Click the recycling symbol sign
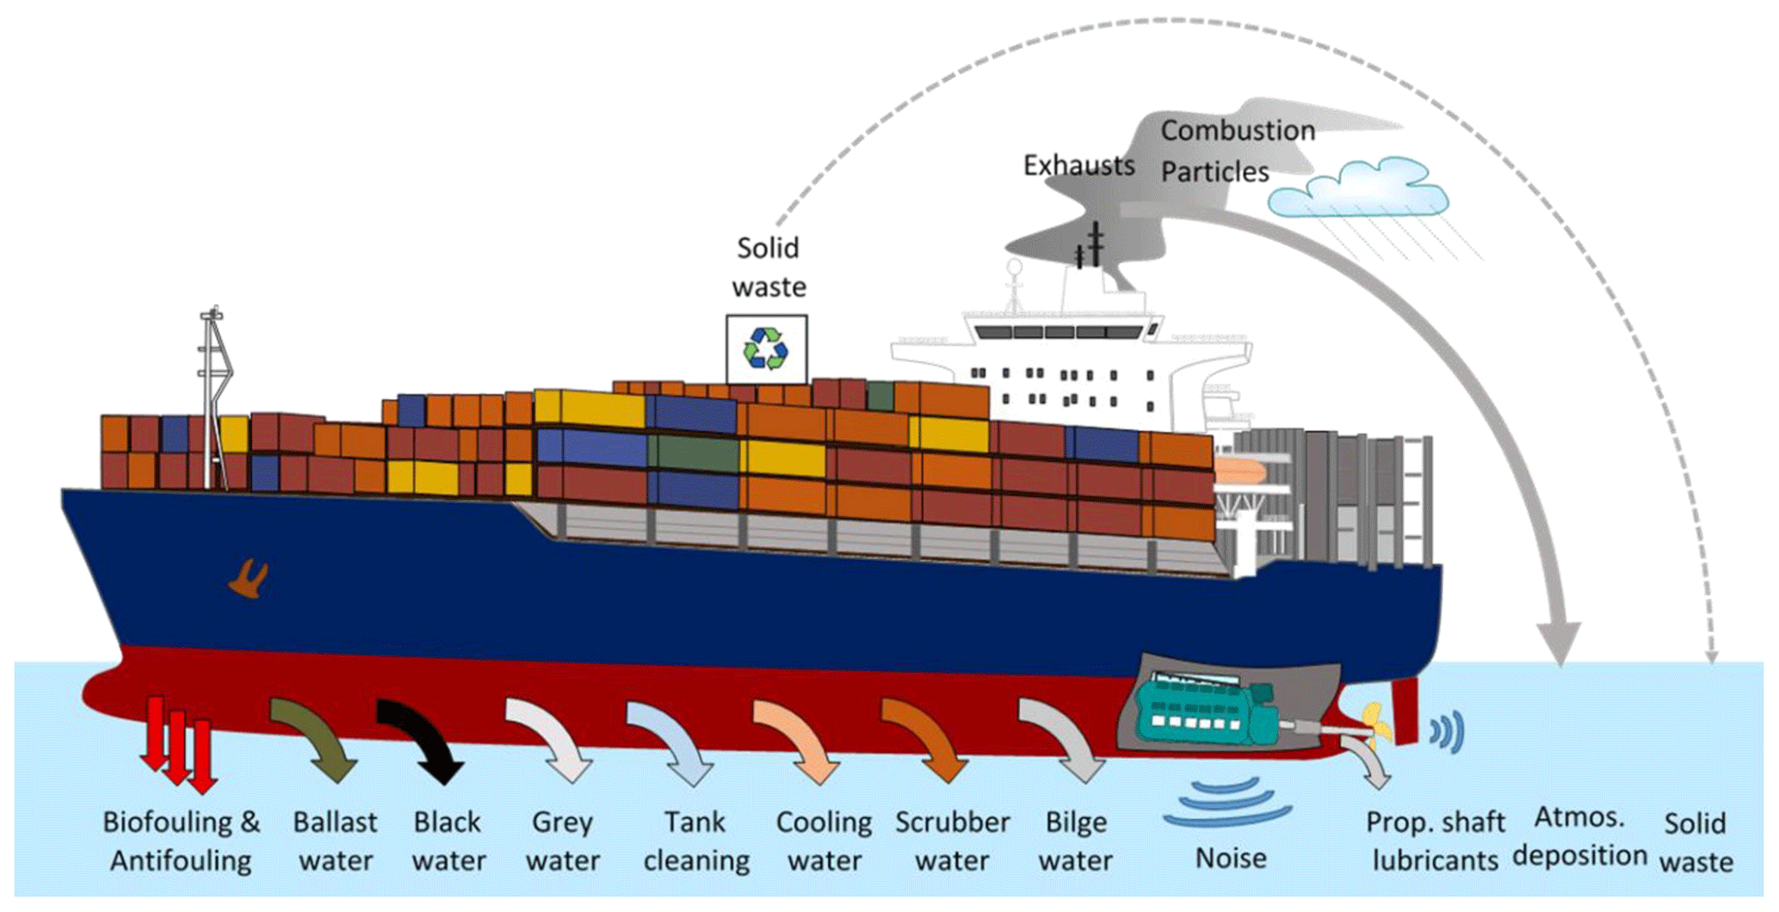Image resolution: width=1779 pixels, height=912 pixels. pos(766,349)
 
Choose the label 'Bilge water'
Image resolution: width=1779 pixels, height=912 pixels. pos(1076,841)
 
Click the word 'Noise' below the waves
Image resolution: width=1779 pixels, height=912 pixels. pos(1231,858)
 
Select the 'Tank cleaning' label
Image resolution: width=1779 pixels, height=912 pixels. pos(696,841)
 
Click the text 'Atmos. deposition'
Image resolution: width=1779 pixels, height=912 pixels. pos(1580,835)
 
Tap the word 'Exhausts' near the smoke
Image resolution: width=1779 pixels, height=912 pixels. pos(1078,165)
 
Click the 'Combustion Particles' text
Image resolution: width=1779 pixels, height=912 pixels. pos(1236,151)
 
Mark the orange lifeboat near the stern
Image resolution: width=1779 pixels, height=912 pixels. pos(1239,471)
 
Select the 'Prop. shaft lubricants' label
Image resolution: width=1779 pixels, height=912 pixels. pos(1435,841)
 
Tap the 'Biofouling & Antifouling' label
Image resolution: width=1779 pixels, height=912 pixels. pos(181,841)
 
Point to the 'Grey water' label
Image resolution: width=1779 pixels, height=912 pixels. pos(563,841)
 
